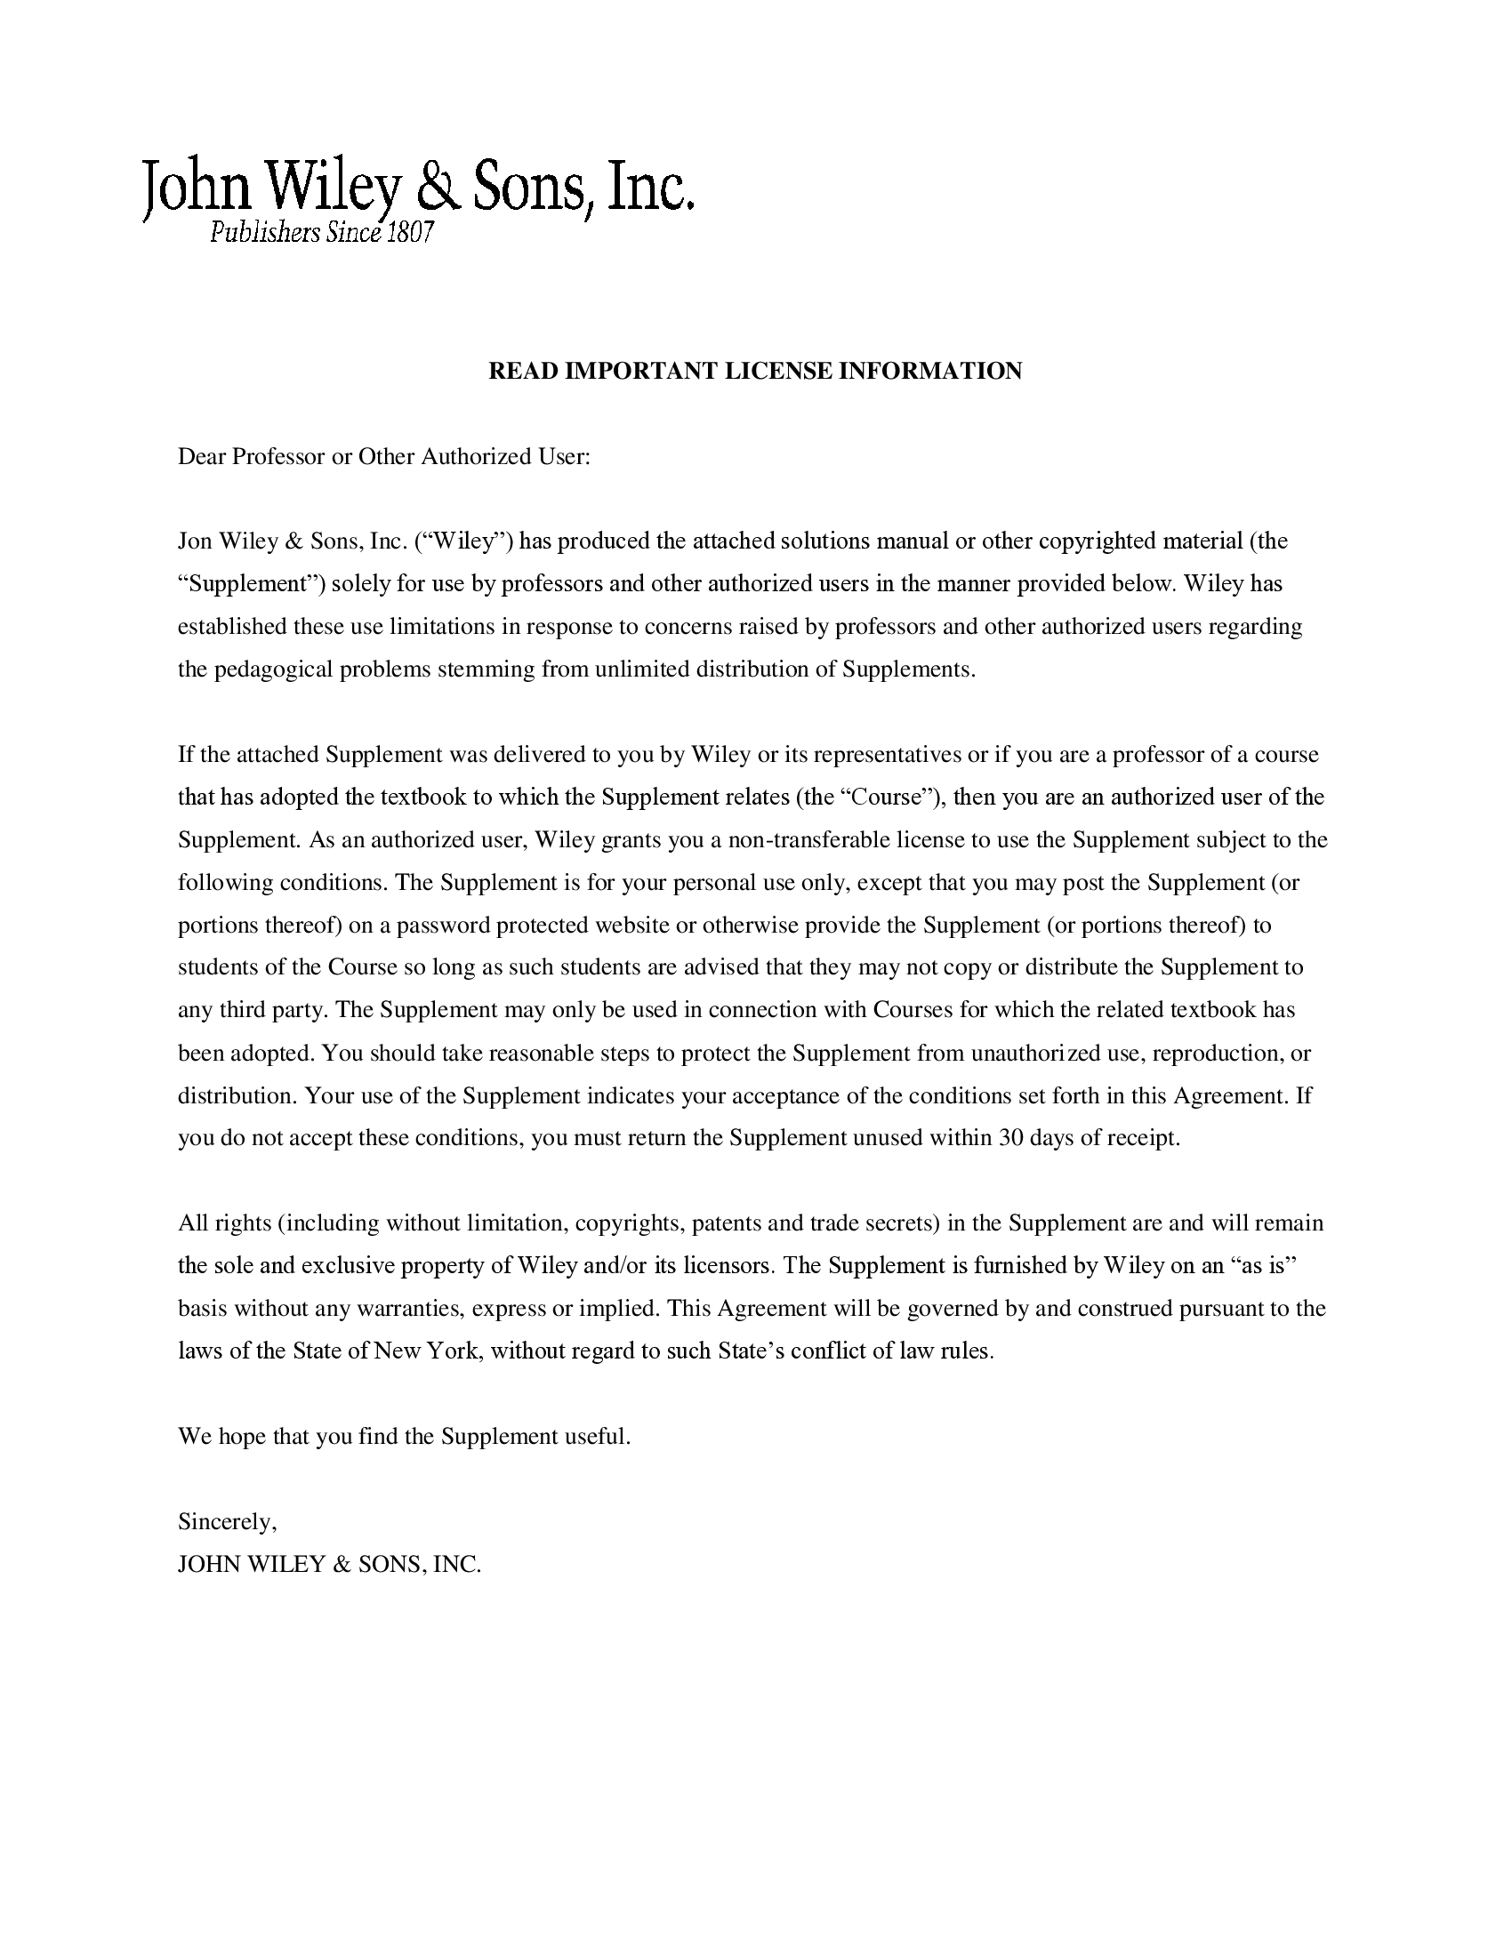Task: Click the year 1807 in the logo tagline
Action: pyautogui.click(x=410, y=233)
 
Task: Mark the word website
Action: pyautogui.click(x=628, y=926)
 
